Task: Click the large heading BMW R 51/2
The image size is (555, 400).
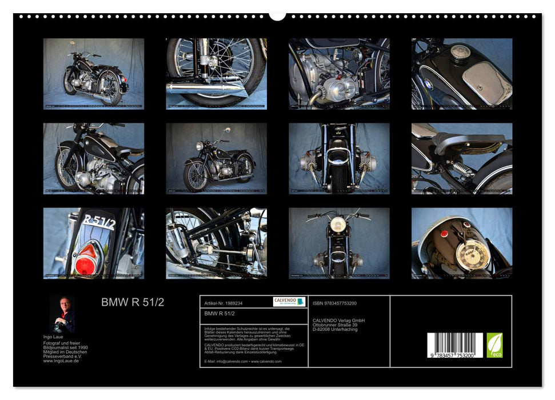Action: tap(133, 303)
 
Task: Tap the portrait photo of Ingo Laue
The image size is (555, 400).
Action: tap(61, 314)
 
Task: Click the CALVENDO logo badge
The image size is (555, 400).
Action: tap(289, 302)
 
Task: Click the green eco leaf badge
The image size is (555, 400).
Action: tap(494, 345)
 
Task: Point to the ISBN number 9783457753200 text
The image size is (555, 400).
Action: tap(334, 303)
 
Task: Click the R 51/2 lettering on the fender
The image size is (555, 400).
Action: tap(99, 222)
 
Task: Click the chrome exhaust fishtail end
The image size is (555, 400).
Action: tap(234, 89)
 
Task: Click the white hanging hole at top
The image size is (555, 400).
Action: tap(277, 15)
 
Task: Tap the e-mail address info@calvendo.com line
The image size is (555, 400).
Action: tap(242, 361)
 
